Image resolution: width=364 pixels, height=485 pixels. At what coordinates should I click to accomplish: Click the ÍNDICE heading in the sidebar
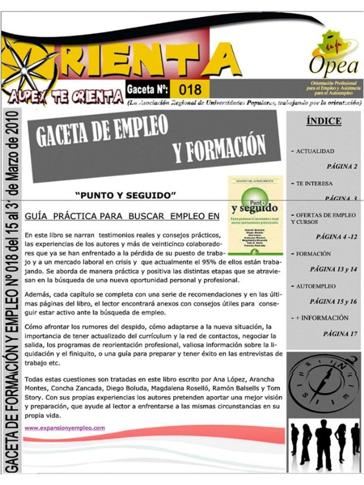324,121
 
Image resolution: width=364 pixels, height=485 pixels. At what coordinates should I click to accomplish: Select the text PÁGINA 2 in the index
342,167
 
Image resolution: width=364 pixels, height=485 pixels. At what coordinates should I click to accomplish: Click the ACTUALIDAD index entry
315,151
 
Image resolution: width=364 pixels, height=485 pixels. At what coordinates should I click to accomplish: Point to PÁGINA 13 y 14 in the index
333,269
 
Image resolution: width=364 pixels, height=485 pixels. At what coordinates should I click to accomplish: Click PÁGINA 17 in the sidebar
340,333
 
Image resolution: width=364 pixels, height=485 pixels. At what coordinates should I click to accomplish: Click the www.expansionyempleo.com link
65,428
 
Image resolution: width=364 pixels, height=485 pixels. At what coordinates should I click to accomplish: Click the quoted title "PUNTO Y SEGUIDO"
125,195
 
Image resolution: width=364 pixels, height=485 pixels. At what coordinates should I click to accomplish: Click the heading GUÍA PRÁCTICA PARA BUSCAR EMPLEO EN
122,216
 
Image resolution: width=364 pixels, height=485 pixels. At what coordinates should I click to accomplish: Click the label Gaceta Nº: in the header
147,90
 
